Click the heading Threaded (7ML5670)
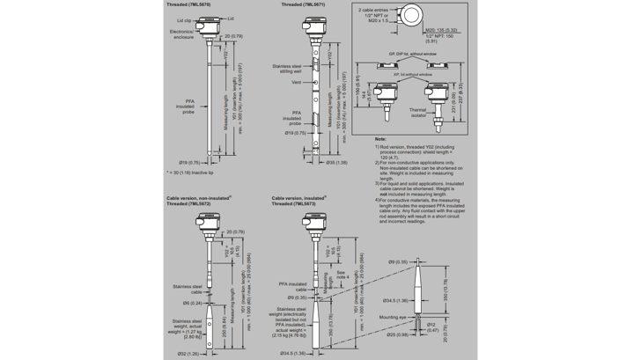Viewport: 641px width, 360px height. [186, 4]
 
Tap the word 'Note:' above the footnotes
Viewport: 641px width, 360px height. [379, 139]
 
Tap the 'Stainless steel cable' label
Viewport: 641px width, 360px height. [188, 289]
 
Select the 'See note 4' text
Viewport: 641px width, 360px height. [346, 276]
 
